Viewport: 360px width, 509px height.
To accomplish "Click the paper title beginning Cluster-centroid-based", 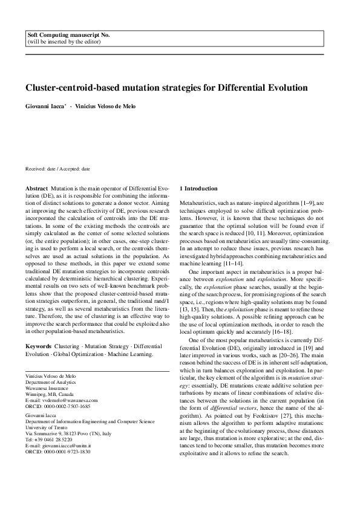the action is click(x=166, y=88).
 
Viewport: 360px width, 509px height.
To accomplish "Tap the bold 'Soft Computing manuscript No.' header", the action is click(x=69, y=36).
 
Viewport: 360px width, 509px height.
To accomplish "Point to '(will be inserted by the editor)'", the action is click(x=61, y=43).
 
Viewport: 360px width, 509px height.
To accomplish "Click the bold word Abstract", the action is click(x=36, y=189).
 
